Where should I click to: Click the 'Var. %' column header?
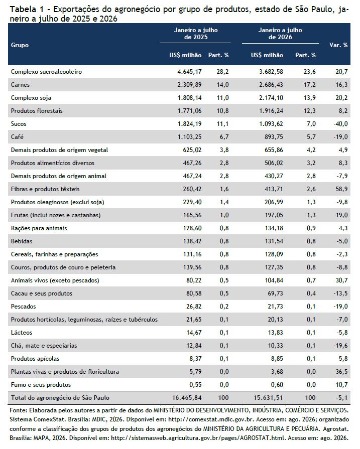pyautogui.click(x=338, y=45)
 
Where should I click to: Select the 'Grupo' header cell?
pyautogui.click(x=20, y=45)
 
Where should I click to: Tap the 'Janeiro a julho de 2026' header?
pyautogui.click(x=280, y=34)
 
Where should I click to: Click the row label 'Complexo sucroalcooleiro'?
pyautogui.click(x=46, y=72)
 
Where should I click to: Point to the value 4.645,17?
pyautogui.click(x=189, y=72)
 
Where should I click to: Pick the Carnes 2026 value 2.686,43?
pyautogui.click(x=271, y=85)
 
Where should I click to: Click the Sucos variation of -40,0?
pyautogui.click(x=340, y=124)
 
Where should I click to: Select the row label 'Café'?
pyautogui.click(x=17, y=137)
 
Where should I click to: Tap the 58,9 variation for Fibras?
pyautogui.click(x=342, y=189)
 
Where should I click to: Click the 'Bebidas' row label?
pyautogui.click(x=22, y=241)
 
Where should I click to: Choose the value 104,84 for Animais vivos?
pyautogui.click(x=274, y=280)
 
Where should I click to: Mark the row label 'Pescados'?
pyautogui.click(x=24, y=307)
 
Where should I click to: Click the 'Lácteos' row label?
pyautogui.click(x=22, y=333)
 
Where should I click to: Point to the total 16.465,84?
pyautogui.click(x=187, y=398)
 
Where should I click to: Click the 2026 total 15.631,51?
pyautogui.click(x=268, y=398)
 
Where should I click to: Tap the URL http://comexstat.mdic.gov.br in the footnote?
pyautogui.click(x=211, y=419)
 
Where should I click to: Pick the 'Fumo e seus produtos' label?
pyautogui.click(x=41, y=385)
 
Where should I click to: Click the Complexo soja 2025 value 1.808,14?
pyautogui.click(x=189, y=98)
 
